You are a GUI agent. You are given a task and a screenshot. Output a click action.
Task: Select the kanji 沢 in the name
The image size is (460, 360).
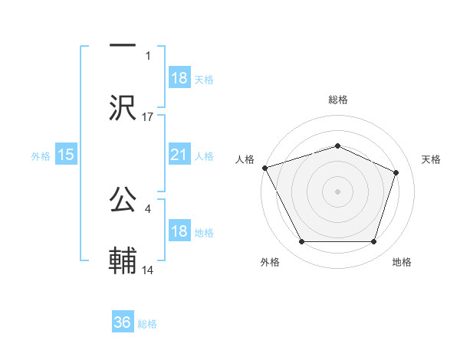123,107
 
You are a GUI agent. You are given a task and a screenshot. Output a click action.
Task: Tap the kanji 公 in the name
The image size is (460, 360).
123,200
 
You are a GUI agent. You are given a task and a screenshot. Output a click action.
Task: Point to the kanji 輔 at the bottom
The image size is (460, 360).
123,261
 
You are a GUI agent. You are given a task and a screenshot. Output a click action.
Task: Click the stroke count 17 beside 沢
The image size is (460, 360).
148,116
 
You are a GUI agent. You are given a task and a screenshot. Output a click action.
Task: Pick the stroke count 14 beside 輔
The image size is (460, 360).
148,270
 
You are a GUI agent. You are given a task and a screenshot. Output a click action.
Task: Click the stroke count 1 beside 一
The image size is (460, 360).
148,55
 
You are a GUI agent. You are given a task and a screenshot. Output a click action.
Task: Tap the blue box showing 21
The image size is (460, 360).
179,155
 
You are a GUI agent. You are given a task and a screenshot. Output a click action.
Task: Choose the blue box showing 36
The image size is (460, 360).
123,322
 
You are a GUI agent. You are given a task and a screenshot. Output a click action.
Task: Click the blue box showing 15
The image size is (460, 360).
66,155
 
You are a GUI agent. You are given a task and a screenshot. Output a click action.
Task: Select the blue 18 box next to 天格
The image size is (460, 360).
179,78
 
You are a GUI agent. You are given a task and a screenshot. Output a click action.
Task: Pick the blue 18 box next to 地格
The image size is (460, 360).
179,231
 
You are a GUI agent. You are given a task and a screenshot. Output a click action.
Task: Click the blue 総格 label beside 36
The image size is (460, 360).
147,324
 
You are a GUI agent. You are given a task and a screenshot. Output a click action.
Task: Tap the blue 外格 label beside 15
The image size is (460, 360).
41,155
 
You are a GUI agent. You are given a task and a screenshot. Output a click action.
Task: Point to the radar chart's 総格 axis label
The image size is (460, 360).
337,100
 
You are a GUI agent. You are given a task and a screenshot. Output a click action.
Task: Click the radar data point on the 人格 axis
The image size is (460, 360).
264,168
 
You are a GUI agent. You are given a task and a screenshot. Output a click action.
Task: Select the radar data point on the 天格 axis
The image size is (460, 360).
396,172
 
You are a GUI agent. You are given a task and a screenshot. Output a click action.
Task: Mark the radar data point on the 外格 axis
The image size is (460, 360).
301,242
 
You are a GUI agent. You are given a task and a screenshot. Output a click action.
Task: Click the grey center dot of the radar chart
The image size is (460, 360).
337,191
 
